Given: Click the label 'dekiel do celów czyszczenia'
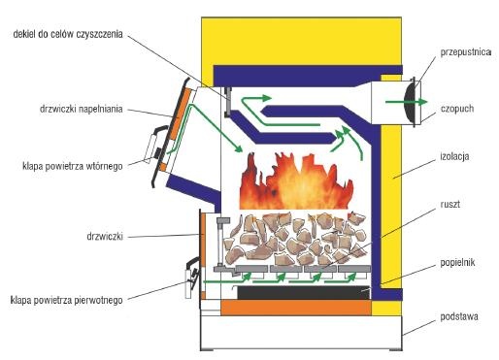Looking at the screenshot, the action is (68, 34).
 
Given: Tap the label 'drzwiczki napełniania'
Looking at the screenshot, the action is (82, 109).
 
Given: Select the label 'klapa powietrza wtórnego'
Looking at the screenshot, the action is (73, 166).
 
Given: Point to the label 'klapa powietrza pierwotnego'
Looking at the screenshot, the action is (67, 300).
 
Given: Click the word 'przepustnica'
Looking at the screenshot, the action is (466, 52).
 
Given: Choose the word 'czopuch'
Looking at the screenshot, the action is (457, 109).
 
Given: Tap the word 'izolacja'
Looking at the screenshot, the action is (454, 156).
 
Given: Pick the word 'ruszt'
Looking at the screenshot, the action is (449, 205).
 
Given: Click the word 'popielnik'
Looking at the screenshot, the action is (457, 262).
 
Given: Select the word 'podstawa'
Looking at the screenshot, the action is (459, 316).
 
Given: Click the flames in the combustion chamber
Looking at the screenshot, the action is (296, 181).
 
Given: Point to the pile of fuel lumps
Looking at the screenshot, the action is (295, 239).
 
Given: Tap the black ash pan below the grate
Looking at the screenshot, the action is (304, 292).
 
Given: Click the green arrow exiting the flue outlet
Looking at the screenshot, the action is (406, 102).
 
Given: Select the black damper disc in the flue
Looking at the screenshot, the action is (410, 102).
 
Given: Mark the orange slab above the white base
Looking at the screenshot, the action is (296, 308).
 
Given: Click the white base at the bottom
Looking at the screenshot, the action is (301, 332).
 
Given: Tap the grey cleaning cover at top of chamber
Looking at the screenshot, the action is (228, 102).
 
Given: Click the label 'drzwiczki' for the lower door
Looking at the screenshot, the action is (105, 237).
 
